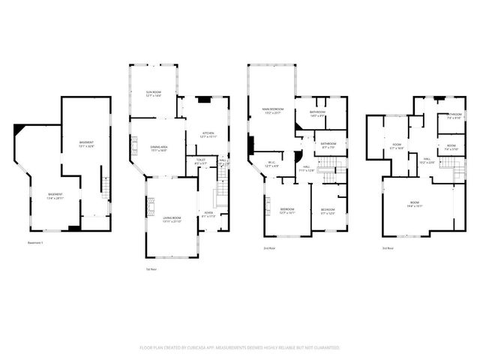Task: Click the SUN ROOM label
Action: tap(154, 93)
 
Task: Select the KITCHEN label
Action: tap(207, 135)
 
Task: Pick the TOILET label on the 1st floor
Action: tap(201, 160)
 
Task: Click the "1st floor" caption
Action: tap(151, 268)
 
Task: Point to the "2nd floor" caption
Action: tap(268, 247)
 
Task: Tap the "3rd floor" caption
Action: tap(388, 247)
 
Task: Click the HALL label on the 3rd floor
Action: tap(427, 159)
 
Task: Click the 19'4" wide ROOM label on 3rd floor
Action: tap(415, 203)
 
